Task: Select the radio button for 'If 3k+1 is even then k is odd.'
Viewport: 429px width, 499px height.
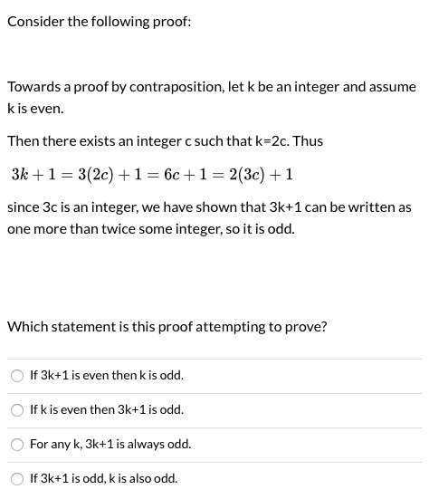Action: [18, 376]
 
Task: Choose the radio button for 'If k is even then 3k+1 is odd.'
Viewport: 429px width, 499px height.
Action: [18, 410]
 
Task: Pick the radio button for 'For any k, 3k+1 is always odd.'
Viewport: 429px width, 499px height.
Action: [18, 445]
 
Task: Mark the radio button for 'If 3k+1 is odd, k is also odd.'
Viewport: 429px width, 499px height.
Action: [18, 479]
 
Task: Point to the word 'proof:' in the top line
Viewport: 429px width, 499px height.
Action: [172, 22]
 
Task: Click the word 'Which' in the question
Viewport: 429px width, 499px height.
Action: [25, 327]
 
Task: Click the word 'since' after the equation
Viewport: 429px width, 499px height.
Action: [22, 207]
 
